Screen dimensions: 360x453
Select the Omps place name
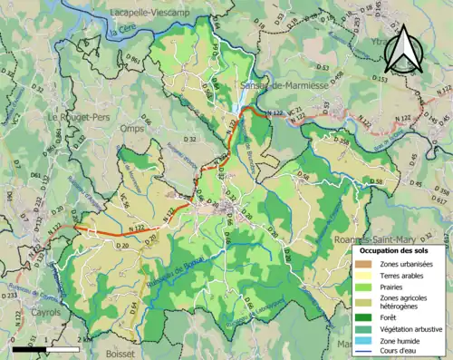[x=132, y=128]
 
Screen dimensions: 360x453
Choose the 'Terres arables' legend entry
[x=407, y=275]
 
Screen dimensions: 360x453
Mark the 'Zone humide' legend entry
[x=402, y=340]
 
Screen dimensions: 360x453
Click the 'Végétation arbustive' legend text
[x=412, y=327]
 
